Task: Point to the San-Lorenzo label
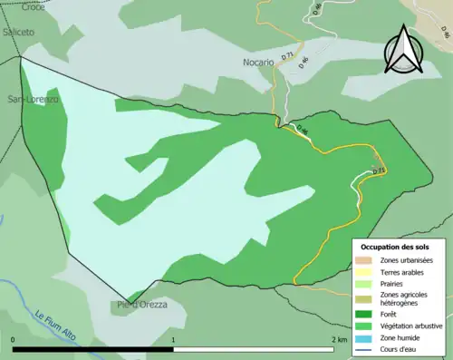(x=34, y=98)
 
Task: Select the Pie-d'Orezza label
(x=142, y=305)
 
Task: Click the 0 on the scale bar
(x=14, y=340)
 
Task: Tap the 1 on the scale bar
(x=173, y=340)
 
